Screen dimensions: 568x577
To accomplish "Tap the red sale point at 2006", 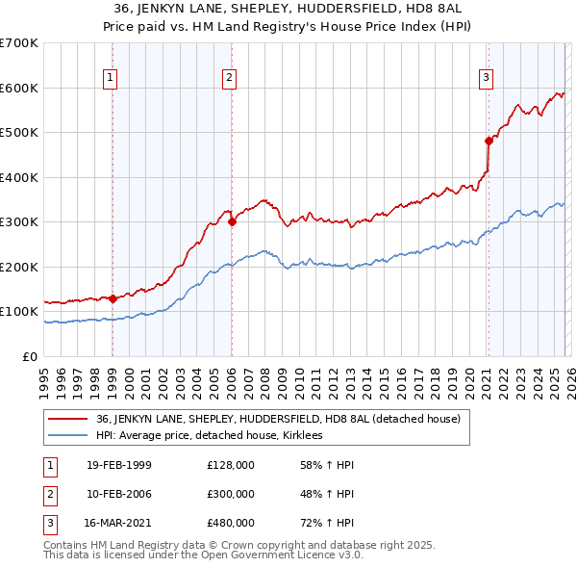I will click(232, 221).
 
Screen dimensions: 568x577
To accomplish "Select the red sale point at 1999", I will click(113, 298).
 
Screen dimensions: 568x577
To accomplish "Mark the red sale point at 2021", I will click(489, 141).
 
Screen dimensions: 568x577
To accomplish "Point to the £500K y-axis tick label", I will click(18, 133).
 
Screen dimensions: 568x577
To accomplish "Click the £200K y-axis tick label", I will click(18, 267).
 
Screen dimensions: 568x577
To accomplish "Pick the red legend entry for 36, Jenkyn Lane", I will click(278, 419).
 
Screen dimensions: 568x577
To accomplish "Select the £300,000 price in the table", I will click(231, 494).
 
